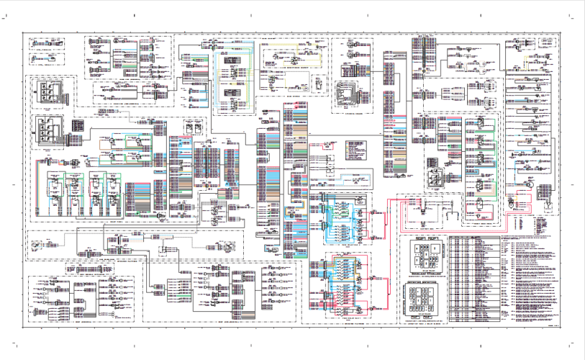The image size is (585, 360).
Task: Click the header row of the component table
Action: (479, 236)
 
